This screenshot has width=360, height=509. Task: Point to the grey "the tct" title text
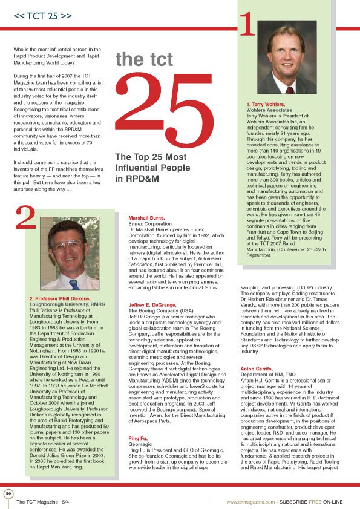click(144, 59)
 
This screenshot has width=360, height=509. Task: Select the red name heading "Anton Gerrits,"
click(255, 369)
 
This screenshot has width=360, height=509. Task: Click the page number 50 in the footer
click(8, 493)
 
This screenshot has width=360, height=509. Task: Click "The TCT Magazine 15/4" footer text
click(45, 501)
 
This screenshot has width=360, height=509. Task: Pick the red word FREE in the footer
click(317, 501)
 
